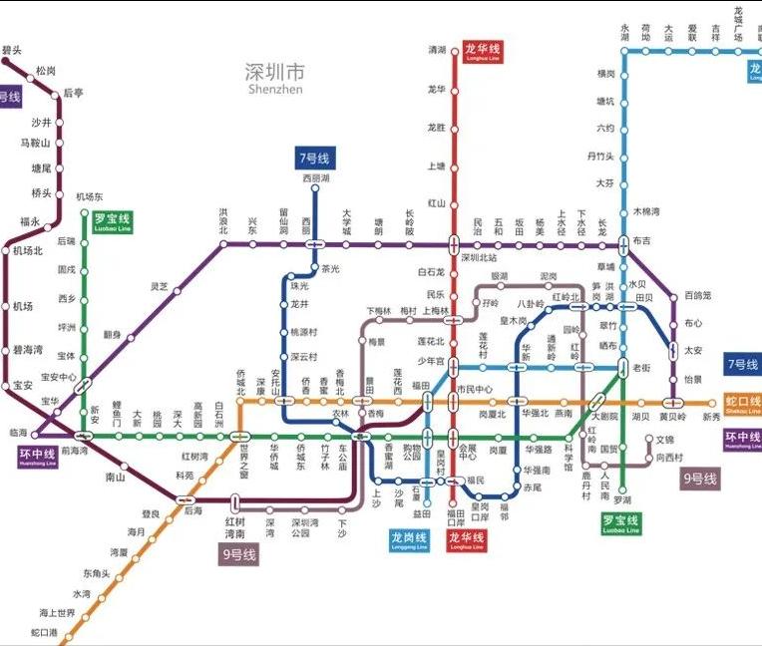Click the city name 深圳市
[274, 72]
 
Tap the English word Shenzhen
[274, 89]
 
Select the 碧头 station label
[12, 49]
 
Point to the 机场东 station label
[90, 196]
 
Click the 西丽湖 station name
[315, 177]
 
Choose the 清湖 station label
[437, 49]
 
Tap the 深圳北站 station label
[478, 257]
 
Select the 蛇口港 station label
[44, 632]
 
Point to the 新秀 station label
[710, 417]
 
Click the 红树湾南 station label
[235, 527]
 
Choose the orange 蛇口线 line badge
[742, 402]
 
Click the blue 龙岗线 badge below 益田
[410, 540]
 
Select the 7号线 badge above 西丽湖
[315, 158]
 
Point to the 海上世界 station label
[57, 612]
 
